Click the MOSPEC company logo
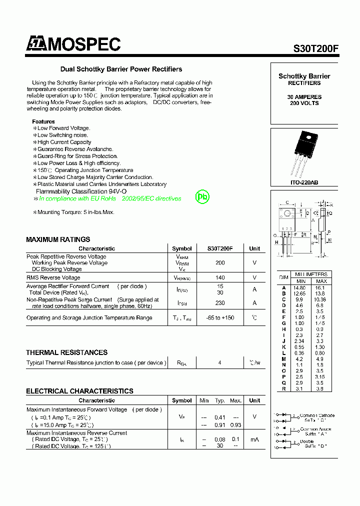[73, 44]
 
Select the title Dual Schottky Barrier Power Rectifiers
[121, 69]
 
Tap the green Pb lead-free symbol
[202, 196]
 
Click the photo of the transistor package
[304, 152]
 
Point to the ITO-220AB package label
[304, 182]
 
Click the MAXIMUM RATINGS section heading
[58, 239]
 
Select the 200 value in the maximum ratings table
[220, 262]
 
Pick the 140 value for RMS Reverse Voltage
[220, 277]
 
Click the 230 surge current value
[220, 303]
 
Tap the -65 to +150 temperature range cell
[220, 318]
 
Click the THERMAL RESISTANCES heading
[66, 352]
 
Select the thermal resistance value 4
[220, 363]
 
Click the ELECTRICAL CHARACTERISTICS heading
[79, 391]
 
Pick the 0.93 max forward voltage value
[235, 425]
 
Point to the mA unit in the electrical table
[254, 439]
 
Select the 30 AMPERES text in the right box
[304, 97]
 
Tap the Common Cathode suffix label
[317, 418]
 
